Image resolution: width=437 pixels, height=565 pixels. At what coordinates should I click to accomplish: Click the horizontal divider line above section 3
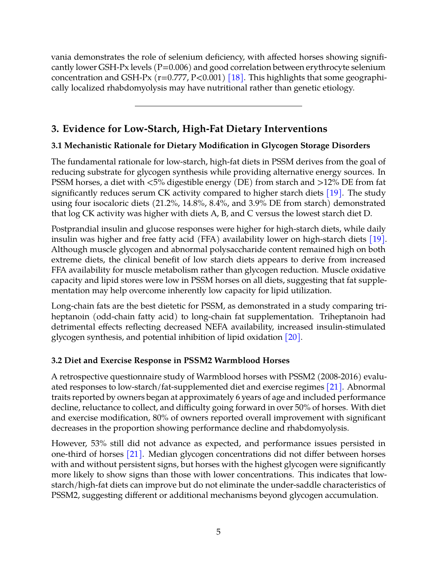tap(218, 106)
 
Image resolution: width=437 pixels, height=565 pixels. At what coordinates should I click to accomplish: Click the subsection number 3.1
tap(57, 145)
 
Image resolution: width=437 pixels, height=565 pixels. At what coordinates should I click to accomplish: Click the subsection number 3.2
tap(57, 360)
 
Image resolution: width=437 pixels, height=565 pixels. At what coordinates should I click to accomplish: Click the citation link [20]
tap(293, 337)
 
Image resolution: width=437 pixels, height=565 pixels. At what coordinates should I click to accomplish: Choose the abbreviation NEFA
tap(216, 327)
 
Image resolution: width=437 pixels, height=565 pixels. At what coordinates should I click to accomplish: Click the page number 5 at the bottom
tap(218, 532)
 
